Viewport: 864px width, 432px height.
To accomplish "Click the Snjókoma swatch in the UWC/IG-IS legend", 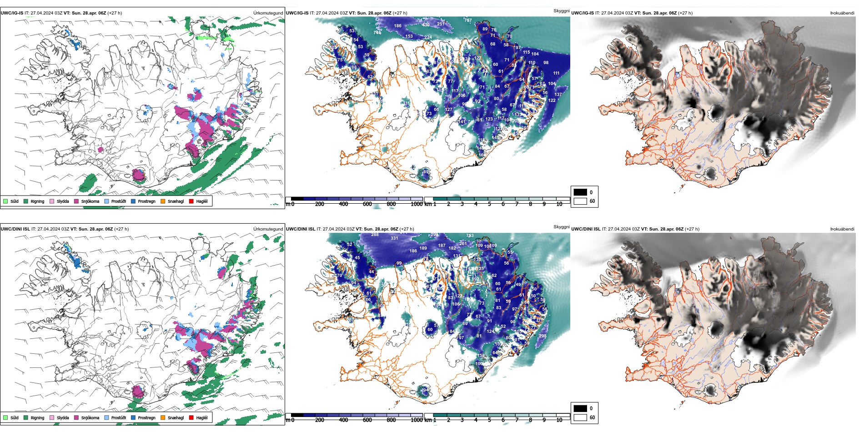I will point(76,201).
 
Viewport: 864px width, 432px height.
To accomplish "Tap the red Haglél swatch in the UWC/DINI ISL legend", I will point(191,417).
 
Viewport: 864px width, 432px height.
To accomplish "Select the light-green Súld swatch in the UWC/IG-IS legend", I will point(5,201).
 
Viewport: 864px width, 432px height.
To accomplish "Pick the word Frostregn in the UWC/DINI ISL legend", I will point(146,417).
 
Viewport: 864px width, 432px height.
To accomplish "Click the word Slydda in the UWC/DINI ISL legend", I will point(63,417).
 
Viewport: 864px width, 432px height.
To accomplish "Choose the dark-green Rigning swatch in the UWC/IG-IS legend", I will point(26,201).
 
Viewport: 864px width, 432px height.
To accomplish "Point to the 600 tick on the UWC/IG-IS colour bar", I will point(367,204).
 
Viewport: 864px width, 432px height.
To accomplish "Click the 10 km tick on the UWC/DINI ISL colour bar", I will point(559,420).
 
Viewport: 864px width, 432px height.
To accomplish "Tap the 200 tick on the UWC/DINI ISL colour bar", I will point(320,420).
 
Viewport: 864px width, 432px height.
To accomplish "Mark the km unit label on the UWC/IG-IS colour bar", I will point(427,204).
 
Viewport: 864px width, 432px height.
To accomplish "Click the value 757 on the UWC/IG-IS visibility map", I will point(467,20).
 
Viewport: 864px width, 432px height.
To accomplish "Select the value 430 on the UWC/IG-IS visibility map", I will point(426,25).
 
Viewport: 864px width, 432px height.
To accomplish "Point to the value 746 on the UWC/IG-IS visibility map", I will point(377,33).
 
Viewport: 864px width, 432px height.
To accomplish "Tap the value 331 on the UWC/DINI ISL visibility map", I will point(394,238).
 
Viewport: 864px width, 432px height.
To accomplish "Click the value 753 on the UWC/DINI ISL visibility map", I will point(470,236).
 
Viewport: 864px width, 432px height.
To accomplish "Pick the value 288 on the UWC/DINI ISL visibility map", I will point(375,235).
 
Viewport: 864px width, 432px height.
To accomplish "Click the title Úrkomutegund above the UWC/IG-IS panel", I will point(268,13).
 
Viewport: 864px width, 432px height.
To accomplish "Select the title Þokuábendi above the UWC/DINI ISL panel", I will point(842,229).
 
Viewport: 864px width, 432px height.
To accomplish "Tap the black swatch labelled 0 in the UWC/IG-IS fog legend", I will point(580,192).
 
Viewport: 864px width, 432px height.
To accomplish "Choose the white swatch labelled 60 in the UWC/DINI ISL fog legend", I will point(580,417).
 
